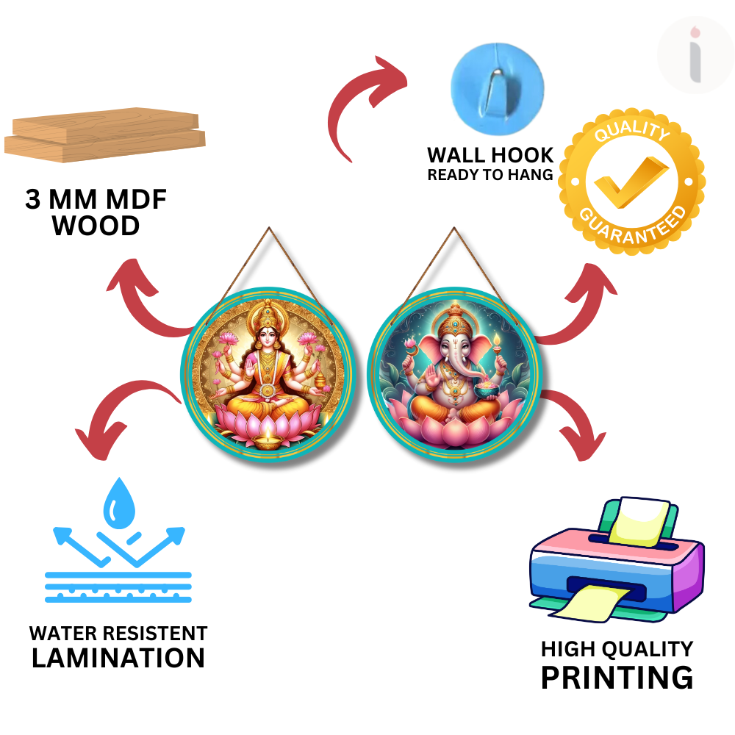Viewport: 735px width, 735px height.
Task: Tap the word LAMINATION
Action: tap(118, 658)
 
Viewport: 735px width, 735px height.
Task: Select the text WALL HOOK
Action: tap(490, 155)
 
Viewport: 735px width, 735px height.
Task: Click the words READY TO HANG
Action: tap(490, 175)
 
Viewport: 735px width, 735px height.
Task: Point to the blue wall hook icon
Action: tap(497, 84)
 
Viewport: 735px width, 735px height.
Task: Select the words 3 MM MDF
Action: tap(96, 200)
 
